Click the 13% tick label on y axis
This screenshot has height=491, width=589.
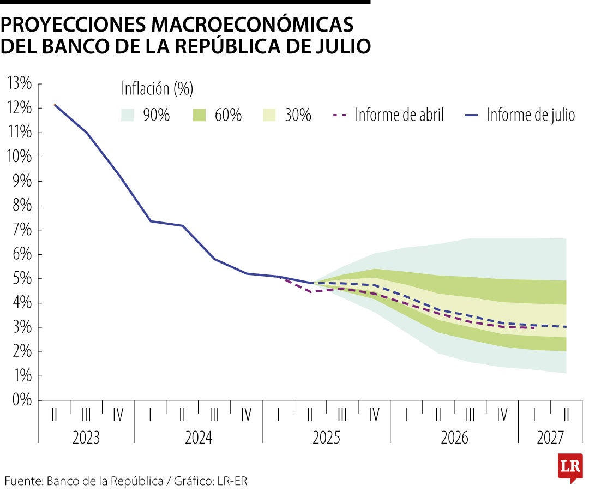(20, 83)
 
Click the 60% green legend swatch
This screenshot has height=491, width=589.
(199, 115)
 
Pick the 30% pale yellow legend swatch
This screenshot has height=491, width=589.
(269, 115)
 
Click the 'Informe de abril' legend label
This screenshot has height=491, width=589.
(399, 115)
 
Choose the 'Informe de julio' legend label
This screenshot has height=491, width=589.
(531, 115)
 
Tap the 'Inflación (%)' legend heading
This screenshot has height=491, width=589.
(157, 88)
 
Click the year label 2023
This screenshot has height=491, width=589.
(86, 438)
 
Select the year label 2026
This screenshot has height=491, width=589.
(454, 438)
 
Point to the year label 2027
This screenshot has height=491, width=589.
(551, 438)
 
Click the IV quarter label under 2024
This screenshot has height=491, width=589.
(246, 416)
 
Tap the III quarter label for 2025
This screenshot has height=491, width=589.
(342, 416)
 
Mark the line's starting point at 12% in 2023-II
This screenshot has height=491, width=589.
(55, 105)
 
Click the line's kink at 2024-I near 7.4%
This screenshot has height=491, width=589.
(151, 221)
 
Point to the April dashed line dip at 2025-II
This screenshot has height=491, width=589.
(310, 292)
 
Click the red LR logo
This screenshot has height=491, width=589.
(570, 468)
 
